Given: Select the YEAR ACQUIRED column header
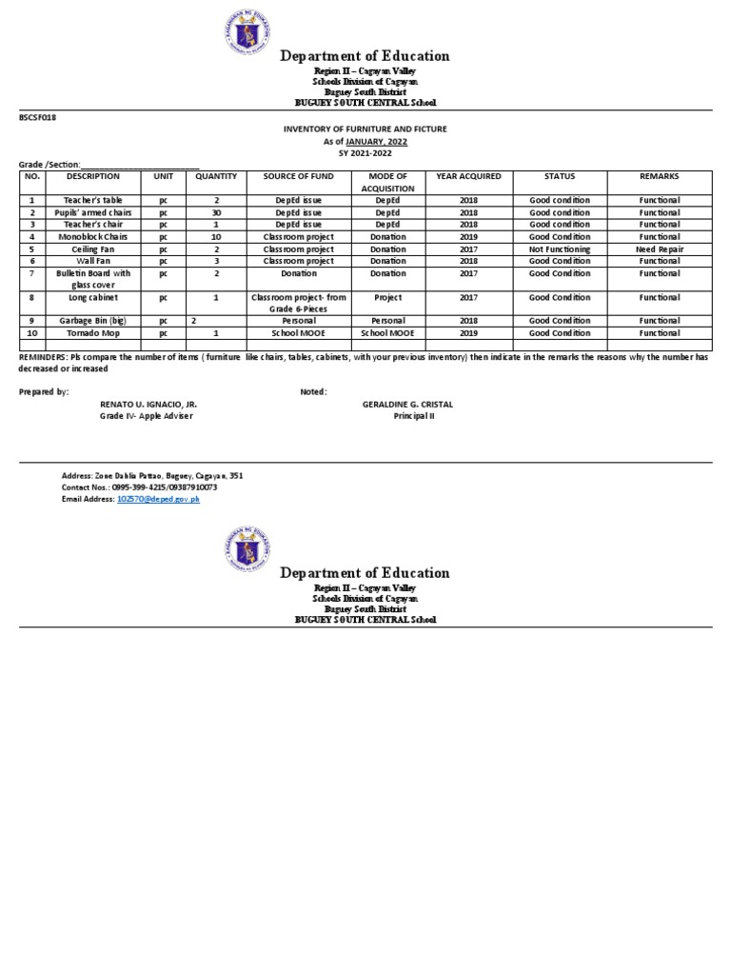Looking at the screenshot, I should [468, 177].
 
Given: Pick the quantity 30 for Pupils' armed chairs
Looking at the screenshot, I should [216, 213].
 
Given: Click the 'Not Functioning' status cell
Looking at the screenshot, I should [560, 249].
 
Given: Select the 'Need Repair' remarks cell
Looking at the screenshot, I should [660, 249].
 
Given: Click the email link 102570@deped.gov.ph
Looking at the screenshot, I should [158, 499].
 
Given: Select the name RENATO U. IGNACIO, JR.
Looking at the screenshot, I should [148, 404].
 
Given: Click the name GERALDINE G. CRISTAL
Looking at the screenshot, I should [407, 404].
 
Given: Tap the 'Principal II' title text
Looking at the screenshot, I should [413, 416].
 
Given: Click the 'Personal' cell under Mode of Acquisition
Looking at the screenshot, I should [387, 321].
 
